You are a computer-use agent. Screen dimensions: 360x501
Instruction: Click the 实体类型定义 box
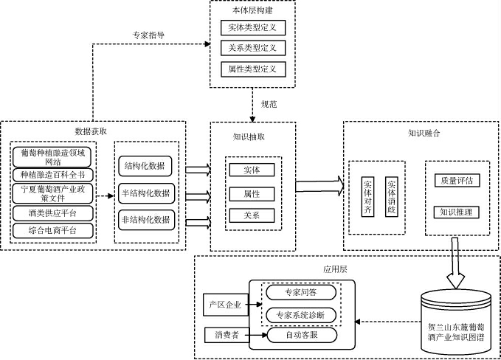252,27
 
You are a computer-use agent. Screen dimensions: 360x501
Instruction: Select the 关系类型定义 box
252,48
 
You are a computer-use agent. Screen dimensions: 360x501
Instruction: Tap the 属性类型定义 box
252,69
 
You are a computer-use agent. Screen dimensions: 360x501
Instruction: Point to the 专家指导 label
149,34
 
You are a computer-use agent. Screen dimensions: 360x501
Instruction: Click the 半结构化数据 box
145,193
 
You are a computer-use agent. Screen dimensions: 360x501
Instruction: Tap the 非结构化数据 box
145,219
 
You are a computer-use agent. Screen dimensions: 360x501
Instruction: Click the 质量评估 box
456,180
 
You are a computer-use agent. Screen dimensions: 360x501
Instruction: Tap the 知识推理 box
456,212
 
